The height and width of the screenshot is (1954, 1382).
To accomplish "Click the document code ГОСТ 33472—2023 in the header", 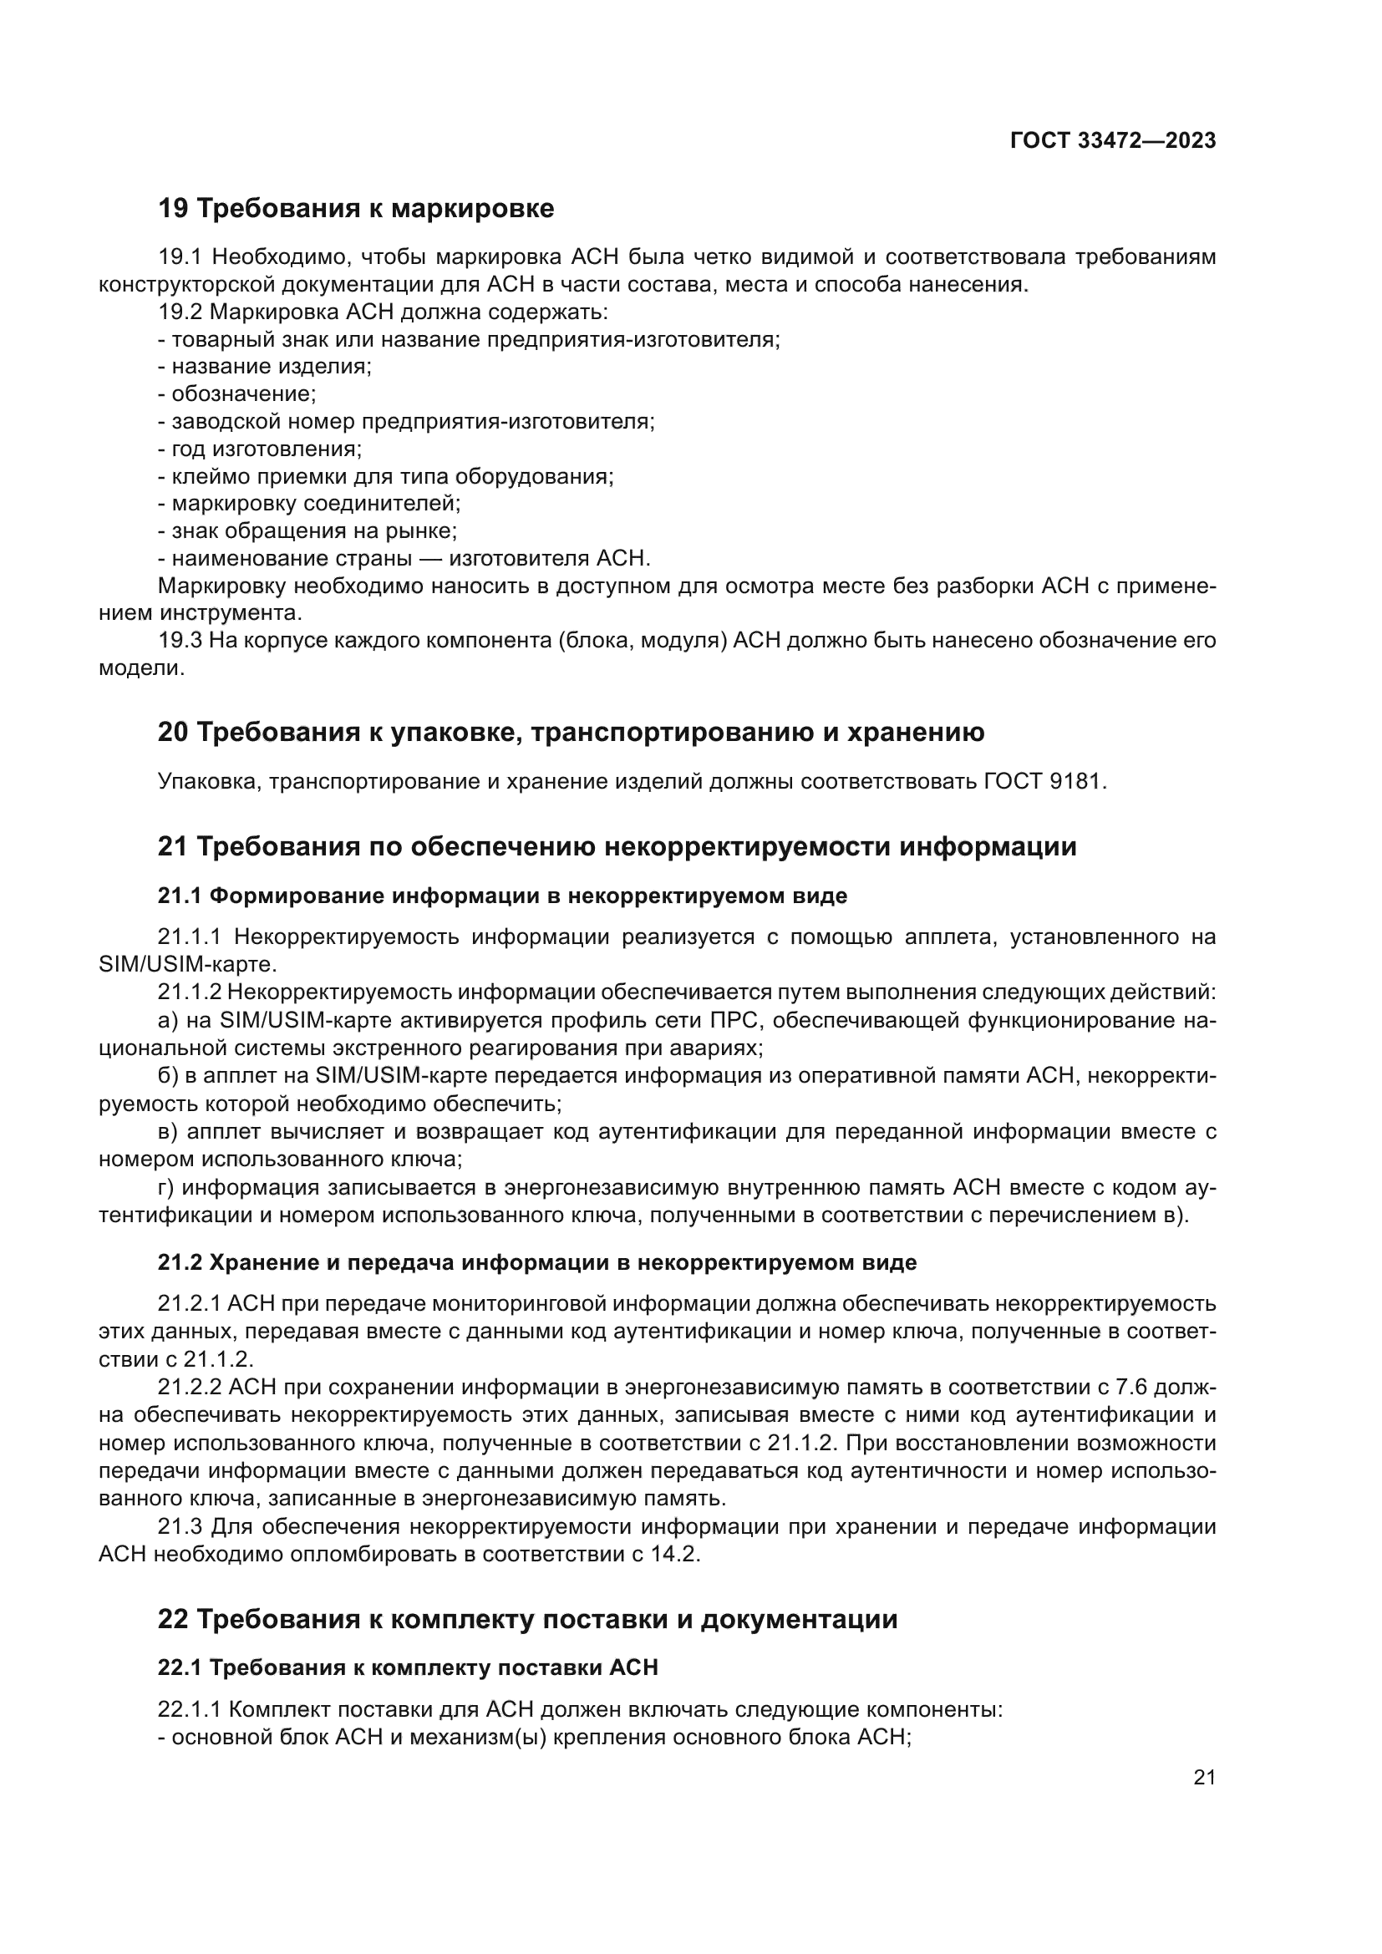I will coord(1112,141).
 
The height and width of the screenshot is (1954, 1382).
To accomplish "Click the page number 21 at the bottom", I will coord(1204,1777).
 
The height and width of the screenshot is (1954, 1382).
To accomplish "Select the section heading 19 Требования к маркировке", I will coord(356,209).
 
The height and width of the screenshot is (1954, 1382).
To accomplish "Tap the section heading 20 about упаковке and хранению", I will coord(570,732).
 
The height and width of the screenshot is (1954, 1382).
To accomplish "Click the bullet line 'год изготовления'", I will coord(262,449).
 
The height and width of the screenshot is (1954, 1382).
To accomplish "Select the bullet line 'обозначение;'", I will coord(238,394).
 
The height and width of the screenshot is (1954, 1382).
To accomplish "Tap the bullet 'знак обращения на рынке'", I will coord(309,531).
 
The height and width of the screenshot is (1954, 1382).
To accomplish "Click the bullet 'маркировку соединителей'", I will coord(311,504).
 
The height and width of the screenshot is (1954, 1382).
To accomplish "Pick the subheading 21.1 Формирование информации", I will coord(502,896).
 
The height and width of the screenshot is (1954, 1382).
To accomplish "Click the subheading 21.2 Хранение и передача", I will coord(536,1262).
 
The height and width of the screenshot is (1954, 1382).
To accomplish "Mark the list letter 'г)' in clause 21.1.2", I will coord(167,1187).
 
